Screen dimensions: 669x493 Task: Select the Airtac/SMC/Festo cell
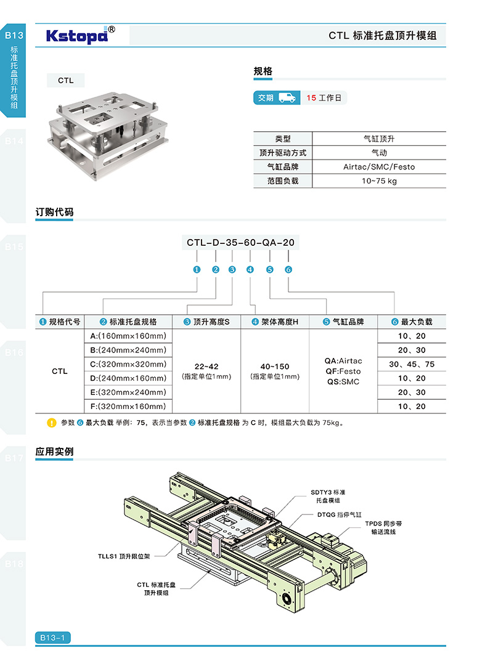click(x=378, y=167)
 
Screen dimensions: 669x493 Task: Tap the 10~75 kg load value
click(x=378, y=181)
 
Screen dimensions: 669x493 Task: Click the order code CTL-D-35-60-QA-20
click(x=241, y=243)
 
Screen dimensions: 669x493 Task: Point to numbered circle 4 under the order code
click(x=250, y=270)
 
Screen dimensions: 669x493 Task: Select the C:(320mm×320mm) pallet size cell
click(x=128, y=364)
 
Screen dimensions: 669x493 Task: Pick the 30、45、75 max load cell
click(x=412, y=364)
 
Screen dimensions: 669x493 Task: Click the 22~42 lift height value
click(x=206, y=367)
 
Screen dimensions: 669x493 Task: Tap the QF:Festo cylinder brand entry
click(x=343, y=371)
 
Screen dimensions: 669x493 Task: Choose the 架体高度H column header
click(x=274, y=322)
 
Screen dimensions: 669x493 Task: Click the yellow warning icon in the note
click(x=52, y=423)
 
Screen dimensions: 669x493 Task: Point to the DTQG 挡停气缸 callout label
click(x=340, y=514)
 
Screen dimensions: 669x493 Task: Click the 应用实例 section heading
click(x=55, y=452)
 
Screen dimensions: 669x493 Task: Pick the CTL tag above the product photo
click(x=66, y=81)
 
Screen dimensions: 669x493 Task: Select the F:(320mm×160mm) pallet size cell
click(x=128, y=406)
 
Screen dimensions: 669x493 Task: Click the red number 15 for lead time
click(x=311, y=98)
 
